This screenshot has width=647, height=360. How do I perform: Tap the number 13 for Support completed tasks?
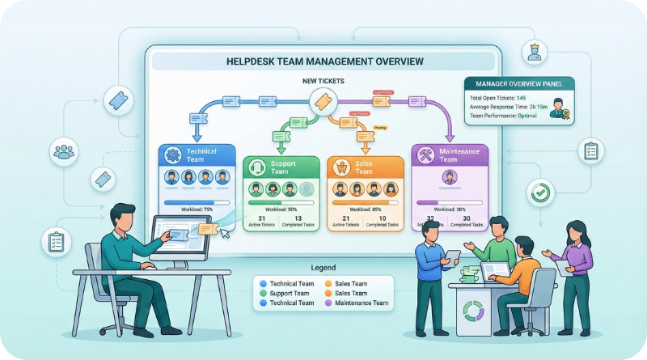coord(298,218)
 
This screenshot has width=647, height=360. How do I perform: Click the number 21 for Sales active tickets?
coord(346,218)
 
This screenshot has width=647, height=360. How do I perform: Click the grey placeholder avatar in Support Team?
coord(306,189)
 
